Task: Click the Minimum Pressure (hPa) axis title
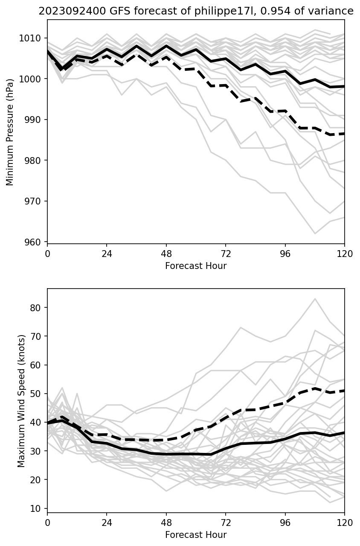10,131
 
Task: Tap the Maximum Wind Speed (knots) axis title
21,400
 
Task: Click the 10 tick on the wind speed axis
38,508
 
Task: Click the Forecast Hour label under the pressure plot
196,266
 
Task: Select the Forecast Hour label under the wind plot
196,535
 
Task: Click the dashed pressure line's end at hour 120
344,134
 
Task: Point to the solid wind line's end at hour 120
344,433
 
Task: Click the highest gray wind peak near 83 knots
315,299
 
